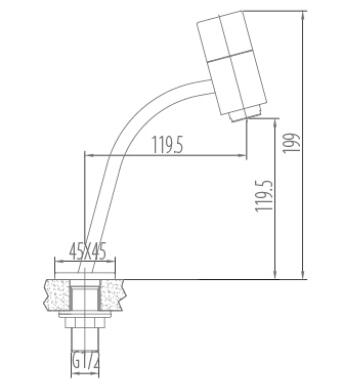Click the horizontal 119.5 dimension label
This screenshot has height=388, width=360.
tap(168, 145)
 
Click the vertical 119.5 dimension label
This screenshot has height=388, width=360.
tap(264, 195)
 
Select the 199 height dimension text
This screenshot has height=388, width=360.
tap(291, 143)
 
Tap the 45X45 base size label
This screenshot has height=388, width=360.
tap(87, 251)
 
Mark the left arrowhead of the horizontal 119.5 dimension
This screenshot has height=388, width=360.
tap(88, 155)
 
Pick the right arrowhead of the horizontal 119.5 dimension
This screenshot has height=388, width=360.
tap(243, 155)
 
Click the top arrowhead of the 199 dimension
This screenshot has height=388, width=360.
tap(303, 14)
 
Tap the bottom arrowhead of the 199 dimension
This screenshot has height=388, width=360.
tap(303, 275)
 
